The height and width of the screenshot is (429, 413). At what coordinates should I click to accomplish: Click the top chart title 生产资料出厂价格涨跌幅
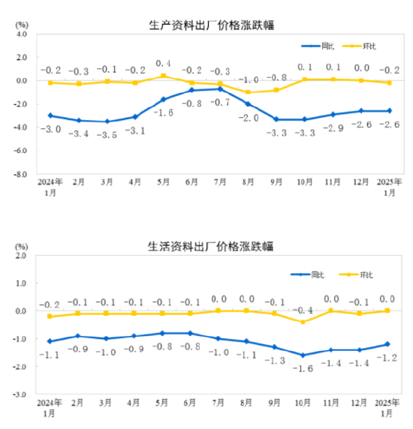(212, 25)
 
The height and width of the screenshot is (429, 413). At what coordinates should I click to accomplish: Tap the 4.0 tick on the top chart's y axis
(20, 34)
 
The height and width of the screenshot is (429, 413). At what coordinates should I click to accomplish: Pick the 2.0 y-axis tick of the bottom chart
(20, 255)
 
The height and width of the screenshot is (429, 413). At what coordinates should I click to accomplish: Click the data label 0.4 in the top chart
(163, 64)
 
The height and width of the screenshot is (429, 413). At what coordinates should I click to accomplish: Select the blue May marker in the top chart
(163, 99)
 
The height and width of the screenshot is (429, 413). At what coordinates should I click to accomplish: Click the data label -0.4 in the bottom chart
(303, 310)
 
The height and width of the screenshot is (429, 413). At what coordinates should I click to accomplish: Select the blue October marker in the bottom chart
(303, 355)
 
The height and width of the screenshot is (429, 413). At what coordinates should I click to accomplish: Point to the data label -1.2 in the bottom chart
(388, 358)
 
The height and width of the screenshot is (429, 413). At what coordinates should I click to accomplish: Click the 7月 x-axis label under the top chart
(220, 182)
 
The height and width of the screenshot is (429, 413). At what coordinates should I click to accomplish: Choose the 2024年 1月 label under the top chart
(50, 187)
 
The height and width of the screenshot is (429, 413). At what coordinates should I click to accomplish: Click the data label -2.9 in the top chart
(332, 129)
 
